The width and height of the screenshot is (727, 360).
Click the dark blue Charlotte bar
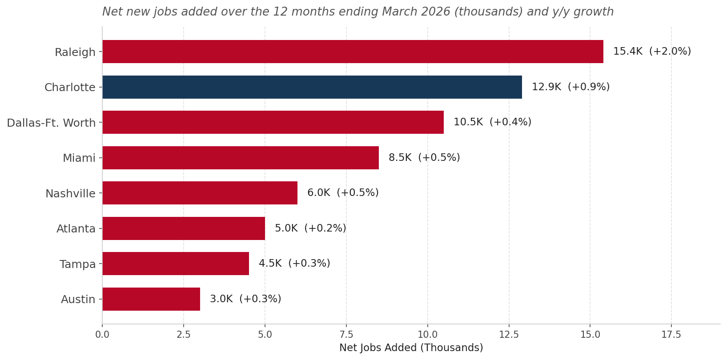pos(312,87)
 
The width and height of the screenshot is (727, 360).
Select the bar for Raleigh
pos(353,52)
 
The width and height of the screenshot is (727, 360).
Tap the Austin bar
pos(151,299)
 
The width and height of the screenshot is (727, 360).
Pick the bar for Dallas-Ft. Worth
pos(273,122)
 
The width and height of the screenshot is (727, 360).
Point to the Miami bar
pos(241,158)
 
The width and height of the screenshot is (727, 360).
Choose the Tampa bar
pos(176,264)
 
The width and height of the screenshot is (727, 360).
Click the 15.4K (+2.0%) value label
pos(652,51)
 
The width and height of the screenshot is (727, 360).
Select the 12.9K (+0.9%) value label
pos(571,87)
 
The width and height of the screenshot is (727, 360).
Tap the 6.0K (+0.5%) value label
pos(343,192)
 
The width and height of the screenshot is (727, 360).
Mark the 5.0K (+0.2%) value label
pos(311,228)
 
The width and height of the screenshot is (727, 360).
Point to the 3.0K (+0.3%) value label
pos(246,299)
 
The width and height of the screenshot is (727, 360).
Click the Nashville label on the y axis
pos(70,194)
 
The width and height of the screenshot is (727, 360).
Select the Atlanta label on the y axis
pos(76,229)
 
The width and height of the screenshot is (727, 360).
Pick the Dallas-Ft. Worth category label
pos(51,123)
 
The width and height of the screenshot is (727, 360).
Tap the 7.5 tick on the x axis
pos(346,334)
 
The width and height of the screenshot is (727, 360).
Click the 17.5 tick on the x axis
pos(671,334)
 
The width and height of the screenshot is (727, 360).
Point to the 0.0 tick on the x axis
pos(102,334)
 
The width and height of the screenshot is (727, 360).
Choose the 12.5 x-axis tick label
pos(509,334)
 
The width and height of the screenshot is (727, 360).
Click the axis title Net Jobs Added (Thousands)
pos(411,348)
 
